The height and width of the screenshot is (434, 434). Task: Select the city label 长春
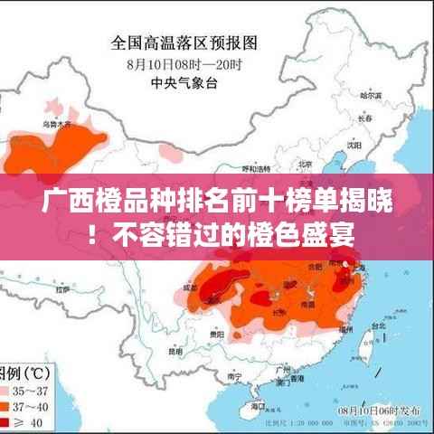(363, 117)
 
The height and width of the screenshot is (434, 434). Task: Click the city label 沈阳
(346, 144)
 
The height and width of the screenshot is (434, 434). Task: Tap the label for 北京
(303, 163)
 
